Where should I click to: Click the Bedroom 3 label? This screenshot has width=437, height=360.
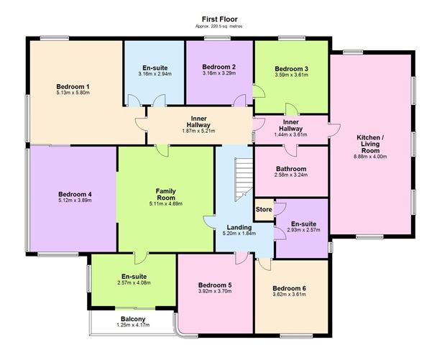[x=291, y=68]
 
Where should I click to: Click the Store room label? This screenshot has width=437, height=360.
[x=264, y=209]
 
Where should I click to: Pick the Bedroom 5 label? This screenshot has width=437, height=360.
[x=214, y=285]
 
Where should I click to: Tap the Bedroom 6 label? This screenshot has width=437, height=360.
[x=290, y=288]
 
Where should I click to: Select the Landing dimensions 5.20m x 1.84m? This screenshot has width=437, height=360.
[x=239, y=234]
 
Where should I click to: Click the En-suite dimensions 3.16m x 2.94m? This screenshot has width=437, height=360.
[x=155, y=73]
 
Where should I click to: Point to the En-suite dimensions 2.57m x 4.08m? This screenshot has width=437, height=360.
[x=134, y=283]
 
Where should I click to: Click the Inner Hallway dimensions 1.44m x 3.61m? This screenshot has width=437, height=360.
[x=291, y=134]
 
